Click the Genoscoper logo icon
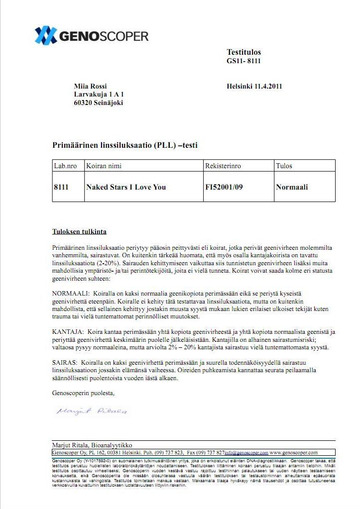point(45,35)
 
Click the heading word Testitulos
point(243,52)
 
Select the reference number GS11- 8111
point(243,61)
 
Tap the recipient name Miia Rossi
point(90,86)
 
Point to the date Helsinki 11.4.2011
point(254,86)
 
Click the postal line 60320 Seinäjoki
point(98,103)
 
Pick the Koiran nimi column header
point(104,166)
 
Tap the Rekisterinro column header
point(223,166)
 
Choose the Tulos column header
point(284,166)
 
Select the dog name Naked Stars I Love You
point(126,187)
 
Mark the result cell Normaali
point(292,187)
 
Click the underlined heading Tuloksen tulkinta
point(79,232)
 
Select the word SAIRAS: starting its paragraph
point(64,363)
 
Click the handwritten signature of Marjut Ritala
point(92,411)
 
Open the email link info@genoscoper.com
point(246,453)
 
